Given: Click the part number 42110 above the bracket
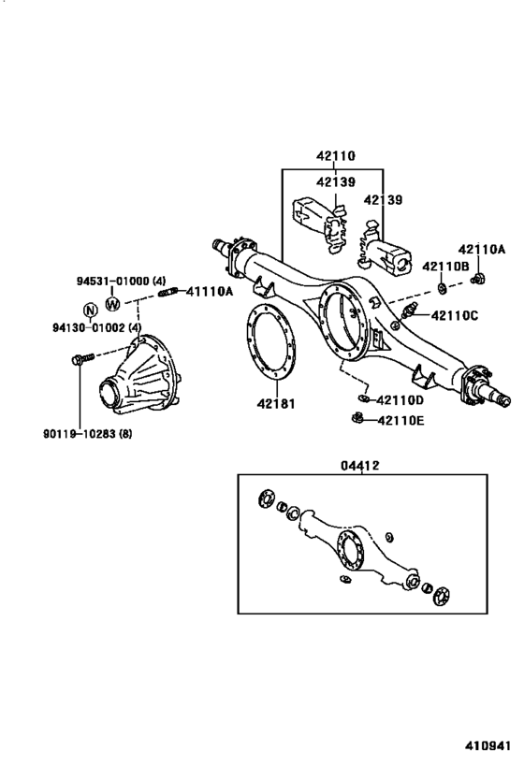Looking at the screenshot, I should (x=334, y=159).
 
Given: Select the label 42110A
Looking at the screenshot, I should (x=481, y=249).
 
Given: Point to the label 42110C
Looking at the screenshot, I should (x=455, y=315).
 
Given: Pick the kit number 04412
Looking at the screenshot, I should (x=361, y=464).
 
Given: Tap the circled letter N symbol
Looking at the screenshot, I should (x=90, y=311).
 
